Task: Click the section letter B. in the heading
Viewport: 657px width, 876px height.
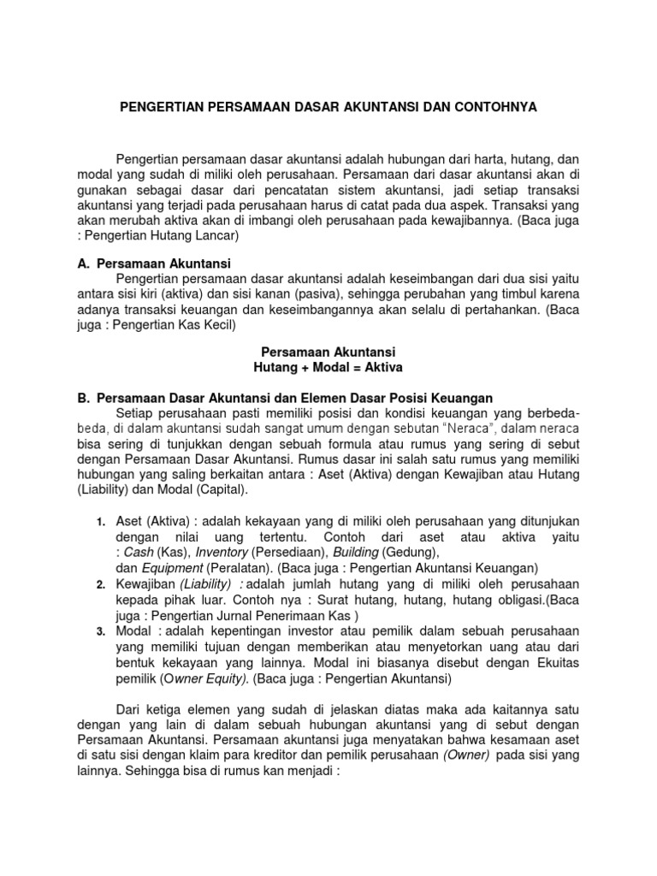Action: coord(84,398)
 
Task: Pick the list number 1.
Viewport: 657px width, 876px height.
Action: coord(100,522)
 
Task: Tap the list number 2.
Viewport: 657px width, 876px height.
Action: coord(100,583)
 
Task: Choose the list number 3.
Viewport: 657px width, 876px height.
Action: coord(100,631)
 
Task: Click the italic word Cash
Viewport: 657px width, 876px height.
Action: coord(139,553)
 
